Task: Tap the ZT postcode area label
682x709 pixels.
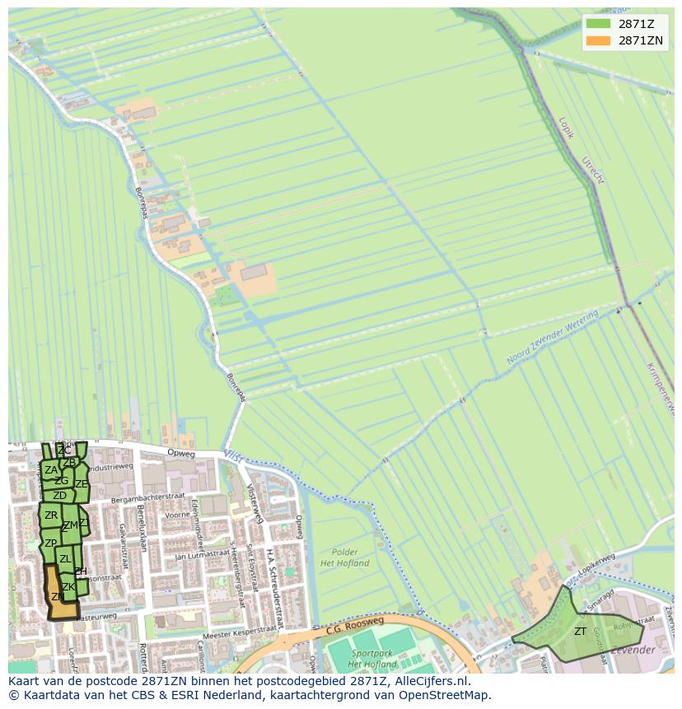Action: pyautogui.click(x=581, y=632)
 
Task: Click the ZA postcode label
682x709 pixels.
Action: pyautogui.click(x=51, y=470)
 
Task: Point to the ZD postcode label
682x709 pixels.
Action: pyautogui.click(x=59, y=496)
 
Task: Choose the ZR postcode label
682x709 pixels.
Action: pyautogui.click(x=51, y=515)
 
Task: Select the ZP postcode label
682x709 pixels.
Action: pyautogui.click(x=50, y=543)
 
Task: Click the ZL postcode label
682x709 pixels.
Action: pyautogui.click(x=65, y=559)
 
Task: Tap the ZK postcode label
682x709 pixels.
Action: pyautogui.click(x=68, y=587)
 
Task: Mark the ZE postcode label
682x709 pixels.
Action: pyautogui.click(x=82, y=484)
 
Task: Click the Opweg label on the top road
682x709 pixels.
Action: pyautogui.click(x=180, y=453)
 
